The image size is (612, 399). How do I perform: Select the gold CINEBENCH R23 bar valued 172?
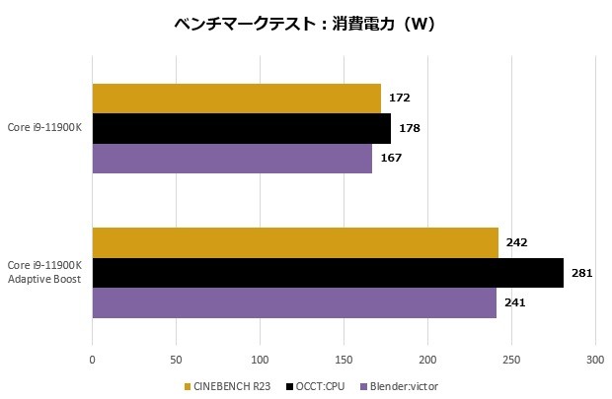[236, 99]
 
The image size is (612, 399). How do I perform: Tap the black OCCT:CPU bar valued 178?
[241, 128]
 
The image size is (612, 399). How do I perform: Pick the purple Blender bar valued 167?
[232, 158]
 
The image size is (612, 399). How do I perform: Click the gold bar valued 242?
[295, 242]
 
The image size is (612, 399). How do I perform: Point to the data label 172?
[399, 99]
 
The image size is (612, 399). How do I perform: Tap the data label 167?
[391, 158]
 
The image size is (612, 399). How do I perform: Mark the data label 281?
[581, 272]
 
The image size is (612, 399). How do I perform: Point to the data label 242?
[516, 242]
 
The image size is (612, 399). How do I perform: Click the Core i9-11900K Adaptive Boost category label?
[44, 272]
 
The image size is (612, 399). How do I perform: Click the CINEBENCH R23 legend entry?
[230, 385]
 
